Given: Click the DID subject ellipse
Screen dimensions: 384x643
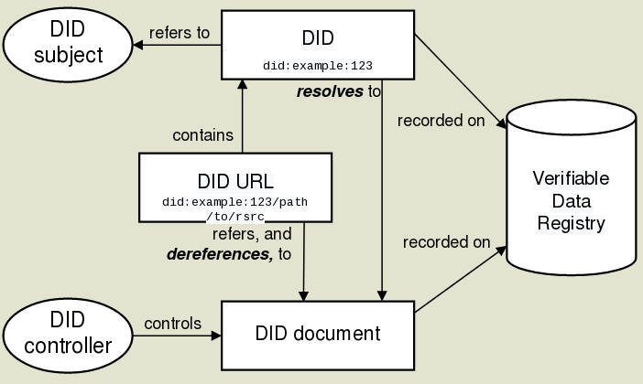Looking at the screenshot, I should tap(68, 45).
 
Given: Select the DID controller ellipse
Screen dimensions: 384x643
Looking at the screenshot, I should tap(68, 333).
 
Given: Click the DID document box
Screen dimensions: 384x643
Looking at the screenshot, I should tap(318, 334).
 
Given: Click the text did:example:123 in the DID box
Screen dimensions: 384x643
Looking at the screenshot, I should tap(317, 66).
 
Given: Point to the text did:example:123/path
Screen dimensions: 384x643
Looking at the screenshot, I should tap(234, 200).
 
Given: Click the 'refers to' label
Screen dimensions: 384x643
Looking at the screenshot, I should tap(179, 33).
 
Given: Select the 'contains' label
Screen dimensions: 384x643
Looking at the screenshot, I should tap(203, 136).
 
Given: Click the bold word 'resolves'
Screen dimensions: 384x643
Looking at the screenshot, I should tap(330, 91).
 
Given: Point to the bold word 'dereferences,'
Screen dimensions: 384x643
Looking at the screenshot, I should tap(220, 253).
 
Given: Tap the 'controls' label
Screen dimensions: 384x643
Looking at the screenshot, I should tap(172, 323).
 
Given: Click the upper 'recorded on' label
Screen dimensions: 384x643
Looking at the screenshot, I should tap(441, 121).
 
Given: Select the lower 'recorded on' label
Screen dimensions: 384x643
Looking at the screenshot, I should tap(446, 242).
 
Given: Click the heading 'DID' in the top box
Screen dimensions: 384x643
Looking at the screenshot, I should tap(317, 38).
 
